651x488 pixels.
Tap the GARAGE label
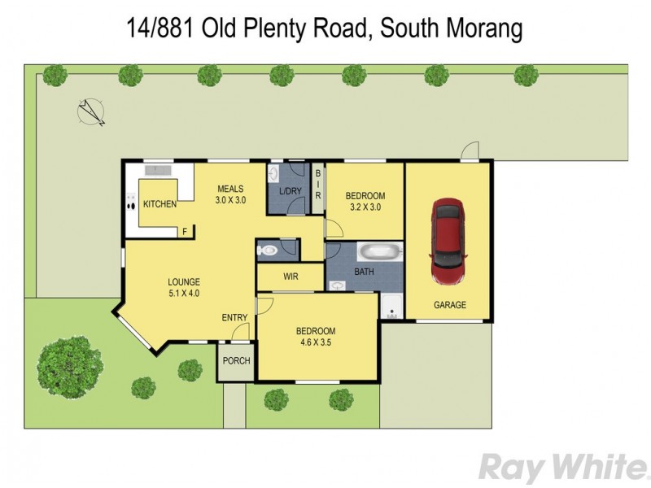[x=449, y=305]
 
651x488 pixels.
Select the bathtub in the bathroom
[x=379, y=251]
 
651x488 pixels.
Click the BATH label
[x=364, y=272]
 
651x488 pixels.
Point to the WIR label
[x=291, y=277]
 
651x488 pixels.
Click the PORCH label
[x=236, y=361]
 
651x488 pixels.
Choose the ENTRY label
[x=234, y=318]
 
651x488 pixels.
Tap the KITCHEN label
[x=159, y=204]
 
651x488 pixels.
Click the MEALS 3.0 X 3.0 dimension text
[x=230, y=199]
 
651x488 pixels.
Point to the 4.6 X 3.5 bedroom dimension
[x=315, y=342]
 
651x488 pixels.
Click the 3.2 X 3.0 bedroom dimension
[x=365, y=207]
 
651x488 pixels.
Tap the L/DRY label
[x=290, y=191]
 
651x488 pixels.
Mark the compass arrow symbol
[x=90, y=111]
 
